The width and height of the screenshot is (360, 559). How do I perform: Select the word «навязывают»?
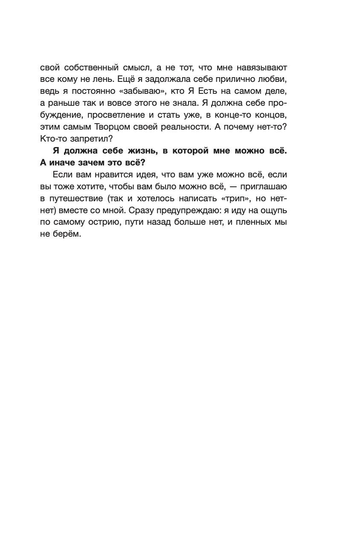262,68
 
